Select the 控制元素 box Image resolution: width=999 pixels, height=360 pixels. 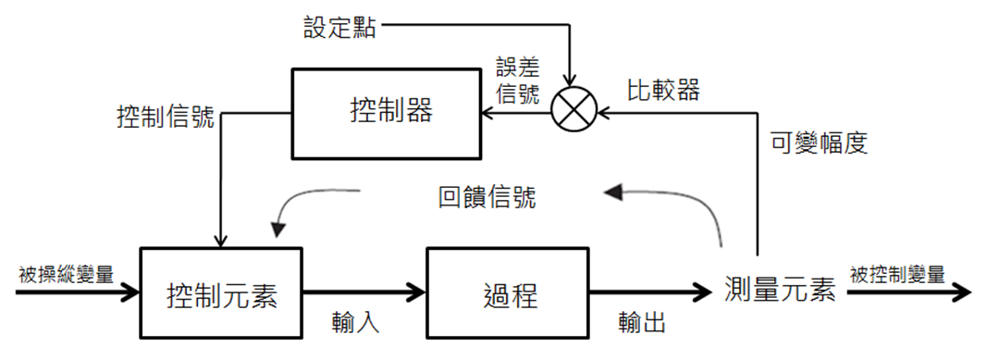coord(221,293)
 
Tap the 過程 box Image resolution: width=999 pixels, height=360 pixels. coord(509,293)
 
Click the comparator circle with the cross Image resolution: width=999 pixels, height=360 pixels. coord(573,114)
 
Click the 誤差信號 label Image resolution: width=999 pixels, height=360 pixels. coord(519,81)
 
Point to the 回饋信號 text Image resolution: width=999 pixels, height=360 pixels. coord(487,198)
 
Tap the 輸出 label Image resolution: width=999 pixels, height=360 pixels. coord(642,324)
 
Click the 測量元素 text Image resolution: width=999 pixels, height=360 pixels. coord(781,292)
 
